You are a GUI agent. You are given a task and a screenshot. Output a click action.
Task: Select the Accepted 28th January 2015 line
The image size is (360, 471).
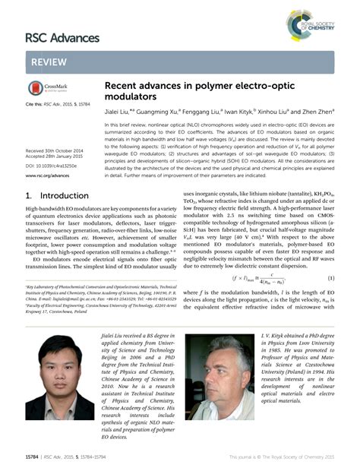pos(55,157)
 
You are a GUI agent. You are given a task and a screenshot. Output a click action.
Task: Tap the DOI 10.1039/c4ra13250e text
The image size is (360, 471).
pos(51,165)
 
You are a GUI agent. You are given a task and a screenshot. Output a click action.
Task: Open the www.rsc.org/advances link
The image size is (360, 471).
pos(47,175)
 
